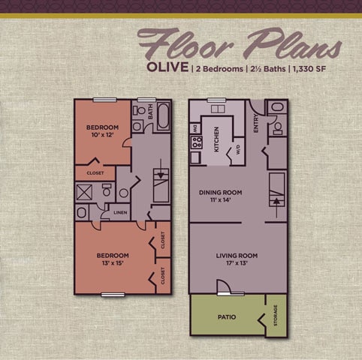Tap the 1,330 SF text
point(320,69)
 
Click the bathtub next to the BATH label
point(162,117)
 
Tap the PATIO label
point(226,317)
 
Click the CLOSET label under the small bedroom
point(95,172)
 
